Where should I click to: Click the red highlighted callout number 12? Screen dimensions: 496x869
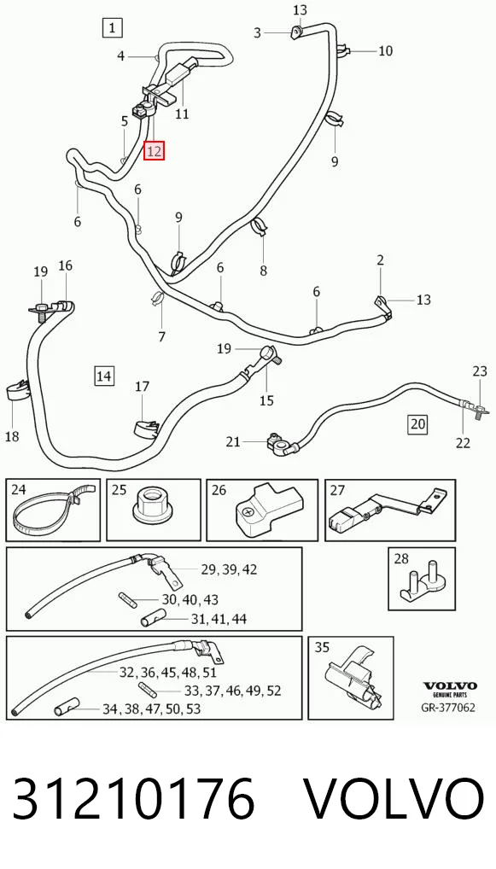click(x=154, y=151)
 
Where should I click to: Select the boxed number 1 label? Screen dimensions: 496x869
click(x=113, y=27)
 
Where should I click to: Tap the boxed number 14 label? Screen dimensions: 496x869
click(x=104, y=376)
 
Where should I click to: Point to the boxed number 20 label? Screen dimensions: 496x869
click(x=417, y=424)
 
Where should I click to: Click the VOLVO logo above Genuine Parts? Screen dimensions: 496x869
click(x=450, y=685)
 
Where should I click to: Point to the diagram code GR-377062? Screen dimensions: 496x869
click(x=448, y=708)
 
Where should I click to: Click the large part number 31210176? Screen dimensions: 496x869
click(x=133, y=799)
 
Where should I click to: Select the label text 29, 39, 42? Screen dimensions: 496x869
click(x=229, y=569)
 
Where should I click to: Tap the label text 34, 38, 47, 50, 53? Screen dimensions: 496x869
click(x=151, y=709)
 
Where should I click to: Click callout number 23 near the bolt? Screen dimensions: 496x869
click(x=480, y=370)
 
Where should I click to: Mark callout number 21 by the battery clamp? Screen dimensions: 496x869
click(x=233, y=441)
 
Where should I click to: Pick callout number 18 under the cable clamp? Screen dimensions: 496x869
click(x=12, y=437)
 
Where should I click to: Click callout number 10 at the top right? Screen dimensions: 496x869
click(x=386, y=51)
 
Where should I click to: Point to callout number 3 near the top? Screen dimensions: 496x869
click(x=257, y=33)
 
